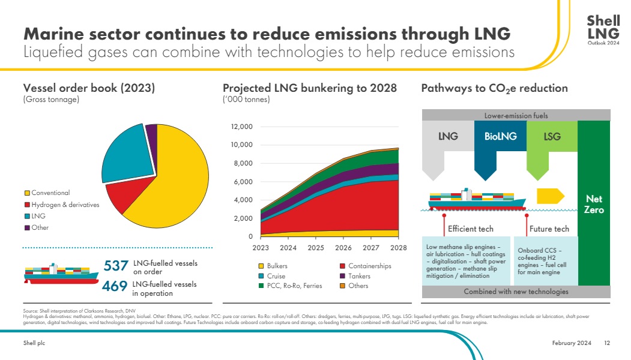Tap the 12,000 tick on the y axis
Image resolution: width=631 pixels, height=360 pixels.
coord(242,127)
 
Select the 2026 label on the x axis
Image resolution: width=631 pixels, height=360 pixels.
coord(343,248)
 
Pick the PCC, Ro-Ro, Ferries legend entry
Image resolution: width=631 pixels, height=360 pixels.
coord(290,286)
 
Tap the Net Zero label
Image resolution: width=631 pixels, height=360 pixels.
coord(594,205)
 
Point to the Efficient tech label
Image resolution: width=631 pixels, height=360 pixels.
coord(470,229)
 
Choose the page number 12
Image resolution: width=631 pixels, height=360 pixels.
coord(607,343)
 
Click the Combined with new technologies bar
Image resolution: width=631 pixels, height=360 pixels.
coord(516,292)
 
